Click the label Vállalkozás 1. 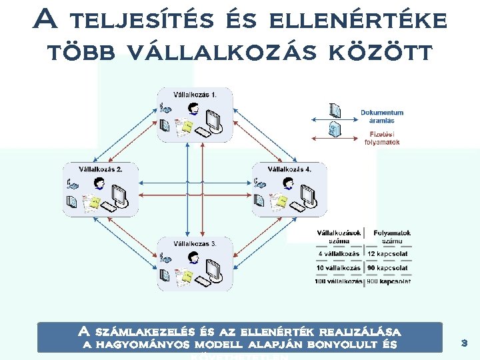[195, 95]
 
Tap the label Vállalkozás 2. [101, 169]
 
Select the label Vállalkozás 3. [195, 244]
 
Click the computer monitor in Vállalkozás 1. [213, 120]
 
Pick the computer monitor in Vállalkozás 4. [308, 194]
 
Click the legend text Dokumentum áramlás [382, 117]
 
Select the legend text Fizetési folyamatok [382, 138]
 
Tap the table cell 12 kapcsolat [388, 254]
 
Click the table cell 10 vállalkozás [338, 268]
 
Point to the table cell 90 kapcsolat [388, 268]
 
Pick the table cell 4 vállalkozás [338, 254]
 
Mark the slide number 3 [465, 343]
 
